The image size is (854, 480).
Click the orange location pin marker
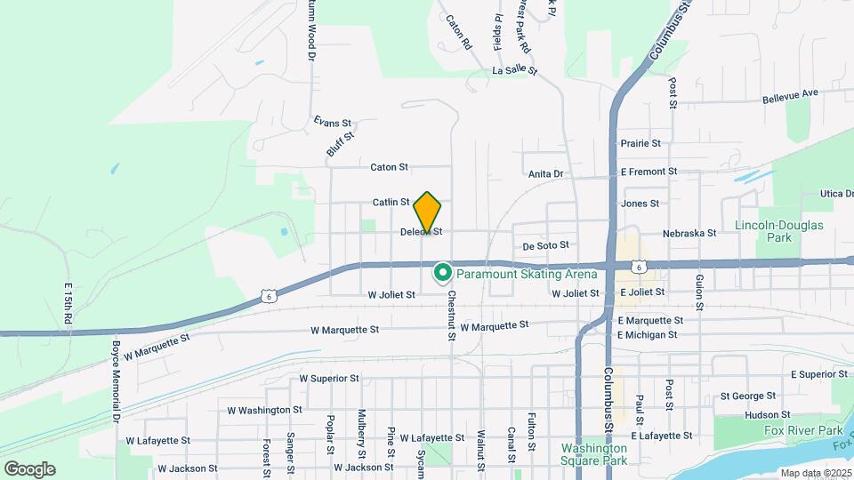(428, 212)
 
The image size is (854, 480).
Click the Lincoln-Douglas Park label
(779, 231)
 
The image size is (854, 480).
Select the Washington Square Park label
(593, 454)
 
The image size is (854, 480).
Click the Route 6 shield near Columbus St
(638, 266)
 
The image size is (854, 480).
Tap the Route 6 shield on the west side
(270, 296)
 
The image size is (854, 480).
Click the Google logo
(29, 469)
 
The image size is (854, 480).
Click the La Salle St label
(515, 69)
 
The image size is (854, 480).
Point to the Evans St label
(334, 123)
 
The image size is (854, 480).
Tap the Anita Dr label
(546, 174)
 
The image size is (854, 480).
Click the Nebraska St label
(689, 233)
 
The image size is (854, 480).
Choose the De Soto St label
(545, 245)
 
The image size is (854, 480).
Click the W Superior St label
(329, 378)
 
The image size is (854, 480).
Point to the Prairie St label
(640, 143)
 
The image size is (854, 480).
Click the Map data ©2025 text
(815, 473)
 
